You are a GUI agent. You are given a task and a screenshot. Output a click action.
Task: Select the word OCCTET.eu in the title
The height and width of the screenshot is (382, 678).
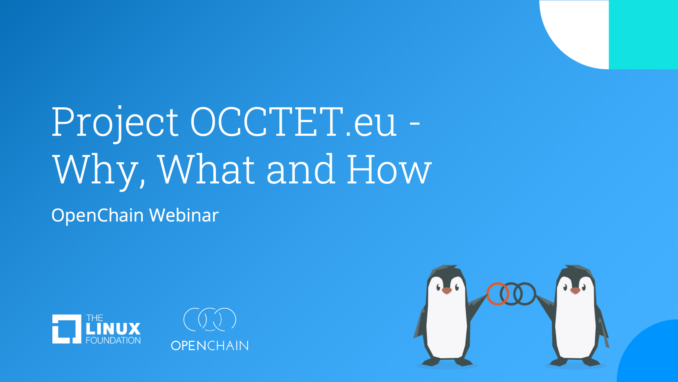pyautogui.click(x=293, y=121)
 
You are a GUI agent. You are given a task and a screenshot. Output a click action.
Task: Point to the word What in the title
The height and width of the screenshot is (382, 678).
pyautogui.click(x=206, y=169)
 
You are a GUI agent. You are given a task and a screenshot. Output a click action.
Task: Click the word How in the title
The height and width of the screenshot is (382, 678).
pyautogui.click(x=389, y=169)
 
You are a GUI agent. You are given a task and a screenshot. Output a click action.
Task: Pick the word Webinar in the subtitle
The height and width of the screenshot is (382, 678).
pyautogui.click(x=184, y=215)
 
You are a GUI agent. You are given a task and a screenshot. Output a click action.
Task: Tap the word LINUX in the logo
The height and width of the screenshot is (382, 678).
pyautogui.click(x=113, y=329)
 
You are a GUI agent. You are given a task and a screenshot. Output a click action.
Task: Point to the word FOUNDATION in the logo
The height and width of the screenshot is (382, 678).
pyautogui.click(x=113, y=341)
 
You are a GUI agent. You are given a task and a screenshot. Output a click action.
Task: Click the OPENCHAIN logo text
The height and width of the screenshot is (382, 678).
pyautogui.click(x=210, y=346)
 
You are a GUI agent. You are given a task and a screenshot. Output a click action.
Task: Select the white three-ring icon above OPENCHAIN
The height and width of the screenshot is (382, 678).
pyautogui.click(x=210, y=319)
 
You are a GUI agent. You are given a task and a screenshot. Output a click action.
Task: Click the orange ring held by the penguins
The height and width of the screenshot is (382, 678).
pyautogui.click(x=488, y=294)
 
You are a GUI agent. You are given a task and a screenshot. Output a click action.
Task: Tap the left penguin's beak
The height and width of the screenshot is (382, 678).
pyautogui.click(x=447, y=291)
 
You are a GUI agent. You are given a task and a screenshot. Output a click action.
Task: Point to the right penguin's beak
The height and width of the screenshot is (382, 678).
pyautogui.click(x=575, y=291)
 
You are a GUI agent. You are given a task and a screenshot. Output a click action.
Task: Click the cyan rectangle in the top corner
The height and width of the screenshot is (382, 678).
pyautogui.click(x=643, y=35)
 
